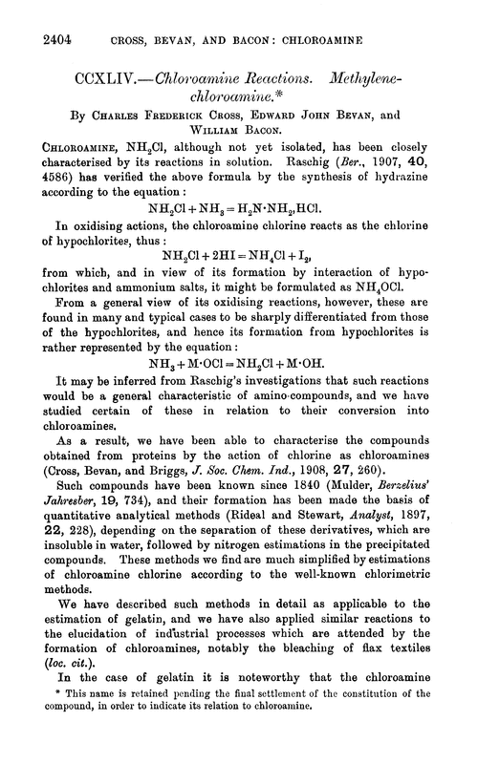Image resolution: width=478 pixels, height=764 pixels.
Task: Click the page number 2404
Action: [33, 17]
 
